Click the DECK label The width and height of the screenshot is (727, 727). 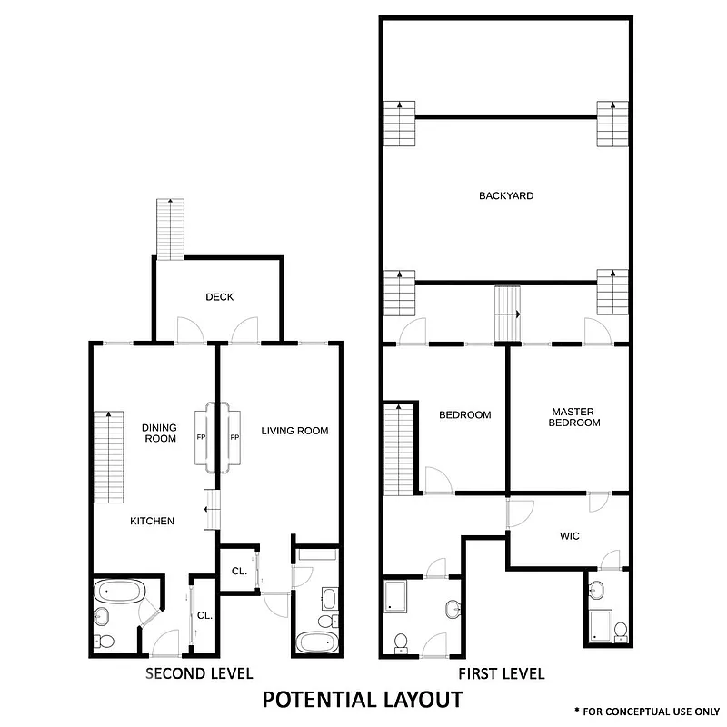point(219,297)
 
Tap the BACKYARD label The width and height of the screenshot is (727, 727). point(506,195)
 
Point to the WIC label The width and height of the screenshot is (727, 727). point(569,536)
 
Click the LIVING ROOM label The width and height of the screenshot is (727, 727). point(294,431)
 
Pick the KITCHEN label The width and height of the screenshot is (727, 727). point(152,521)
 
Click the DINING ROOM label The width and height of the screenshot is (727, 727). point(159,433)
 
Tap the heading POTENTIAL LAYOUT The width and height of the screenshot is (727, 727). point(363,700)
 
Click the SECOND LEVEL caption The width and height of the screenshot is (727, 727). point(199,673)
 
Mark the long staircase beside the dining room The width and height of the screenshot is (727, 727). point(108,456)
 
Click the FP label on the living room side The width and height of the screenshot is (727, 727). point(234,438)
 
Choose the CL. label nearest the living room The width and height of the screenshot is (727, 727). point(239,572)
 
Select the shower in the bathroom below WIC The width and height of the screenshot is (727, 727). point(601,625)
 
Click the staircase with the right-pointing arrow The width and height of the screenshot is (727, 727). point(507,314)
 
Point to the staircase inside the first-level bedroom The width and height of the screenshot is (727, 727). point(398,449)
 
